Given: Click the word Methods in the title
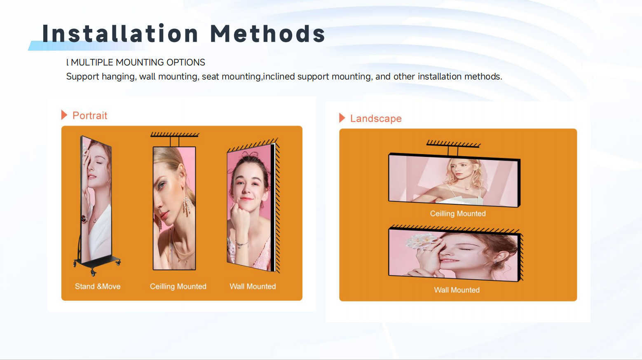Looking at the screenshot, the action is click(x=268, y=33).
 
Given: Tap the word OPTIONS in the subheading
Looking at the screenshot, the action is click(x=186, y=63).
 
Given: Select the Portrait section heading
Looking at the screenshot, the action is click(x=90, y=115).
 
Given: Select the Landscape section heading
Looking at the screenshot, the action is click(x=376, y=119).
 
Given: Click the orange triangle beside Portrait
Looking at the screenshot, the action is click(x=64, y=115).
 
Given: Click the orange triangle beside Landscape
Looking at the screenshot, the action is click(x=342, y=118).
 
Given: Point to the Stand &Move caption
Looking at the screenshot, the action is click(x=98, y=286).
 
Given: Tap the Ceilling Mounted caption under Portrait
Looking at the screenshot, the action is click(x=178, y=286).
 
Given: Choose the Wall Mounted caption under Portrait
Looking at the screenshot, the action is click(x=253, y=286).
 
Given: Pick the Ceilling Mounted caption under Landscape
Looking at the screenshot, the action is click(x=458, y=214).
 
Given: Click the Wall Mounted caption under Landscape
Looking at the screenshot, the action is click(x=457, y=290).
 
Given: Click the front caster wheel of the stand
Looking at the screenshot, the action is click(x=93, y=273).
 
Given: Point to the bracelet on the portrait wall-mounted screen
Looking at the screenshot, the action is click(x=241, y=244).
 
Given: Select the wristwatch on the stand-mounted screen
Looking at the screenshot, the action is click(x=84, y=219).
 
